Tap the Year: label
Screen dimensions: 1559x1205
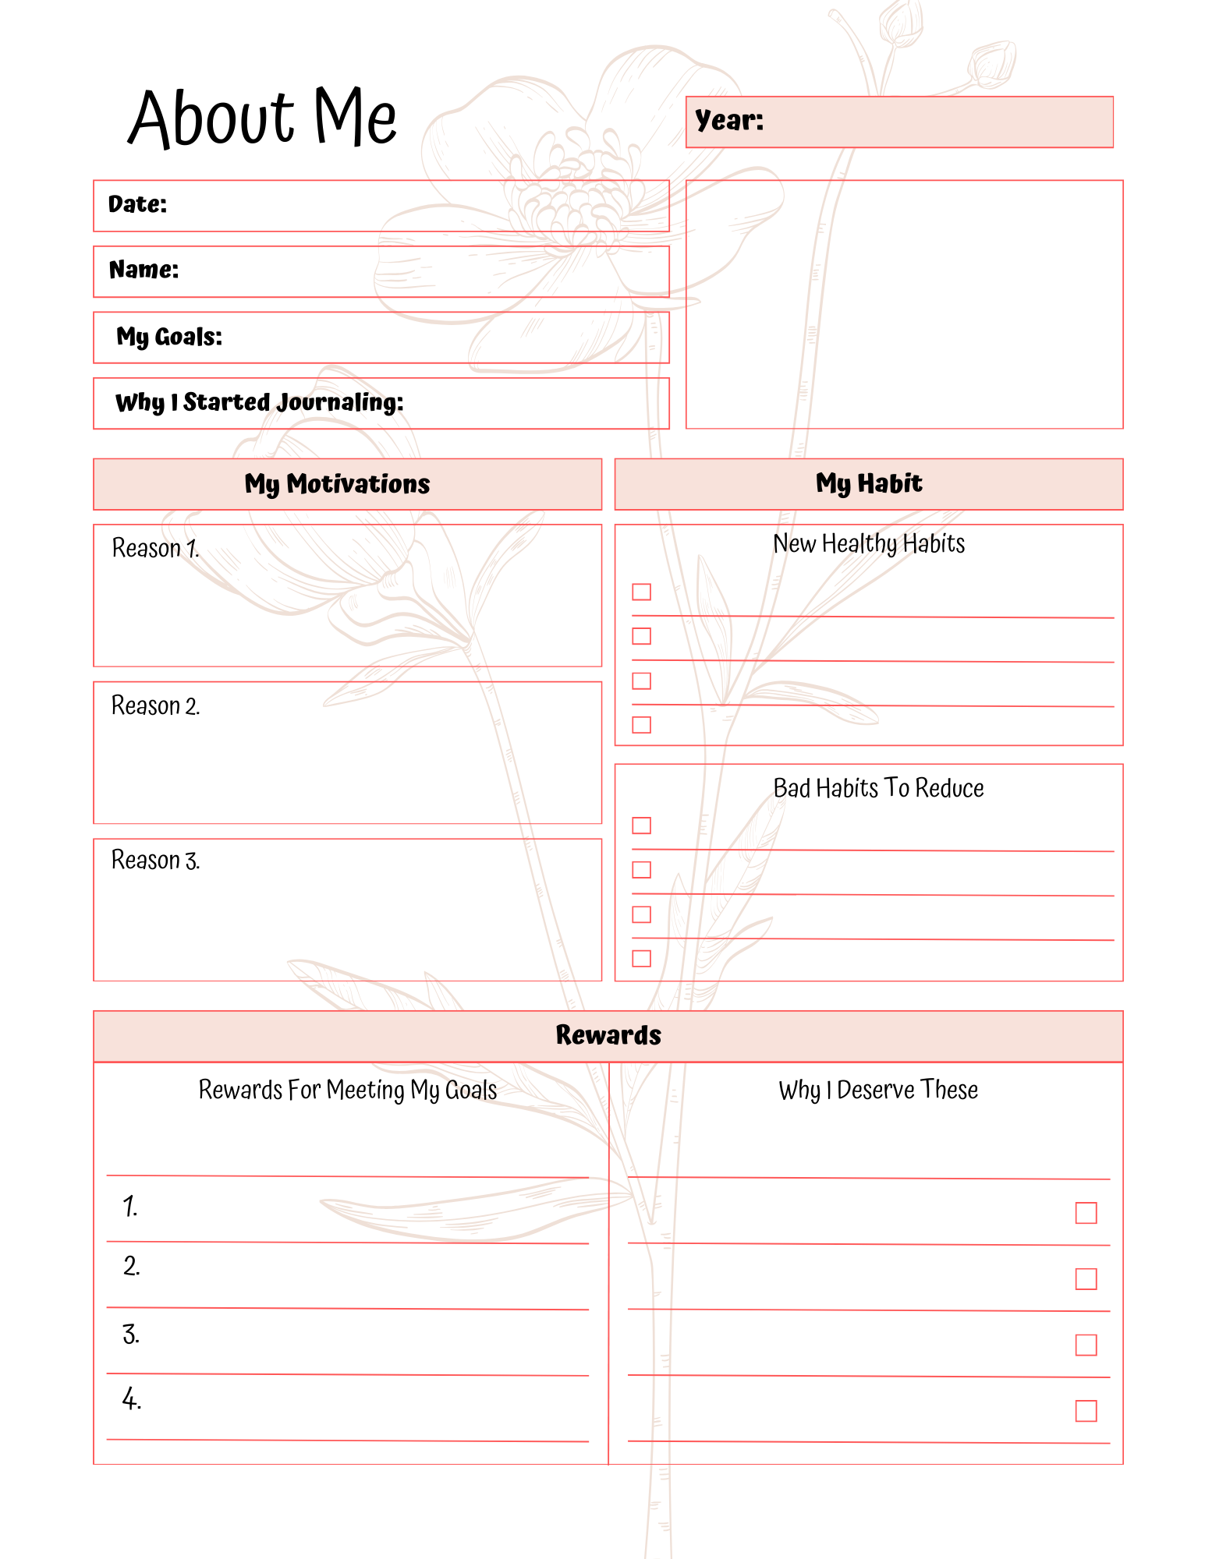coord(729,120)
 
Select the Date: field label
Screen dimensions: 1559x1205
coord(137,204)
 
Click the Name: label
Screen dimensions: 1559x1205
coord(144,270)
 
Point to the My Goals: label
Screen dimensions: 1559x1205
coord(169,337)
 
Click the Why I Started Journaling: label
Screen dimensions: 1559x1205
coord(259,402)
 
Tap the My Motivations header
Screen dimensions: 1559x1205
coord(337,484)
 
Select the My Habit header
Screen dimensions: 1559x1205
coord(869,483)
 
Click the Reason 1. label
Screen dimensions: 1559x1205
coord(155,548)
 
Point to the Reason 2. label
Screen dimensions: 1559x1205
coord(155,705)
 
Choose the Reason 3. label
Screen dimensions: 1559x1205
coord(155,860)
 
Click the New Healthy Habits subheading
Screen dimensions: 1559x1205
coord(869,543)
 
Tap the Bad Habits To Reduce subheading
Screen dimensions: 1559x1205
coord(878,788)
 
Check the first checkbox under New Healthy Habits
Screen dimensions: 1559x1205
coord(641,592)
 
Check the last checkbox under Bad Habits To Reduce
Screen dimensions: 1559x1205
coord(641,959)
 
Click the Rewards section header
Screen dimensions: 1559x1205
coord(608,1035)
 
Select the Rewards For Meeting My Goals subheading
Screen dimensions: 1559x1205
coord(348,1090)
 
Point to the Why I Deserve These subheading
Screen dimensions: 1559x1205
coord(878,1090)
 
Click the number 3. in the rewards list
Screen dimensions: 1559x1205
coord(130,1335)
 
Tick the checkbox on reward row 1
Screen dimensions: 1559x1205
coord(1086,1213)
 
